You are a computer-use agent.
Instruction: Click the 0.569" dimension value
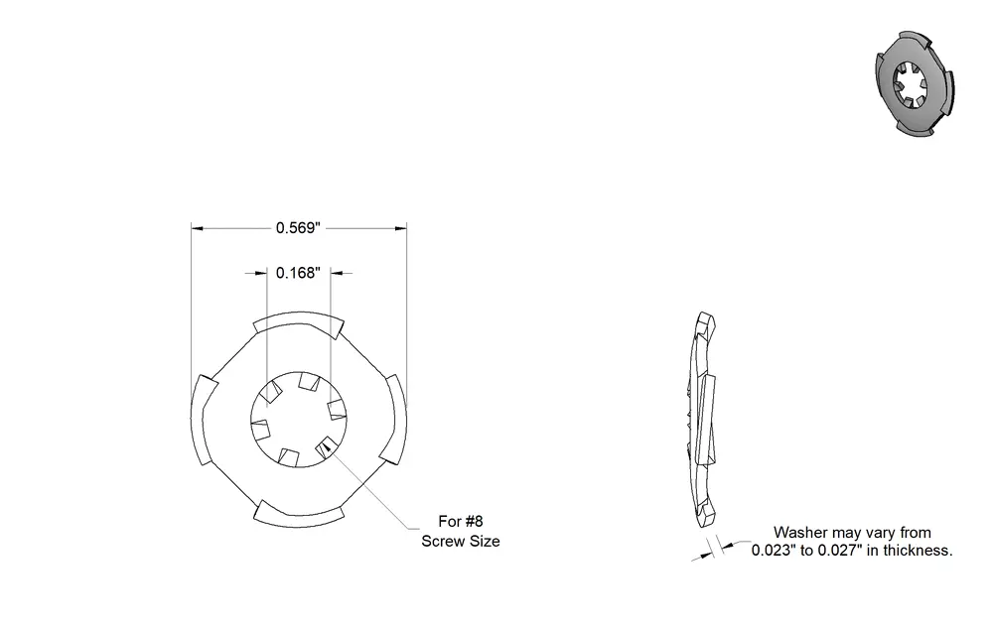click(298, 228)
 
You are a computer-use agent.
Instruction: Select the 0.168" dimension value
click(298, 273)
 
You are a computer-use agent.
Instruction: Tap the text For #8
click(461, 521)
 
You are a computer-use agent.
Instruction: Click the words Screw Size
click(461, 542)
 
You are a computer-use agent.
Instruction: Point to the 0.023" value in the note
click(774, 550)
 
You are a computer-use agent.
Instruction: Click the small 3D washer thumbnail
click(915, 83)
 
